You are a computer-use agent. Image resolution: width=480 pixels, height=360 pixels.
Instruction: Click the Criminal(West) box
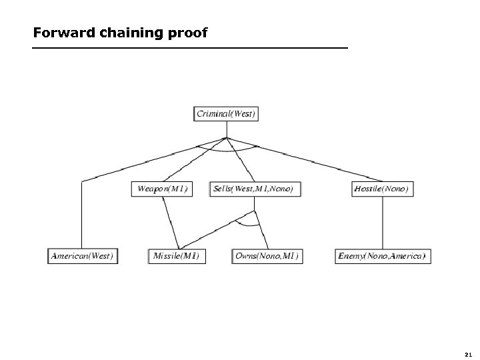pyautogui.click(x=226, y=114)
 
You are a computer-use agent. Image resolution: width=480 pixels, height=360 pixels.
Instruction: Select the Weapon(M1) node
pyautogui.click(x=162, y=189)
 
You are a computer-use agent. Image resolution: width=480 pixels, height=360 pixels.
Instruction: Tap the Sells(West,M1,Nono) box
pyautogui.click(x=256, y=189)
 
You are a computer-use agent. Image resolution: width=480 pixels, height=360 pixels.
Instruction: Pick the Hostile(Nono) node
pyautogui.click(x=382, y=189)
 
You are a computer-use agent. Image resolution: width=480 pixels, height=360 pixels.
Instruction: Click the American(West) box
pyautogui.click(x=83, y=256)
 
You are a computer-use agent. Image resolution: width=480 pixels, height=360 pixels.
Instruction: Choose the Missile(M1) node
pyautogui.click(x=176, y=256)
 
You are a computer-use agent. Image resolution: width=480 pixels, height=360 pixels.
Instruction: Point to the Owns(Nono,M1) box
pyautogui.click(x=267, y=256)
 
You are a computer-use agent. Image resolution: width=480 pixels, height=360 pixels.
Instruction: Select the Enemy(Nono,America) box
pyautogui.click(x=382, y=256)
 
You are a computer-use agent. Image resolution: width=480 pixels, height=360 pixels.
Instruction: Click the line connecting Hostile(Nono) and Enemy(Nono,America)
pyautogui.click(x=382, y=223)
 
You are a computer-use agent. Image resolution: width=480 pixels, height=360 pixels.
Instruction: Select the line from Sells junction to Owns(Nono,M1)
pyautogui.click(x=262, y=230)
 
